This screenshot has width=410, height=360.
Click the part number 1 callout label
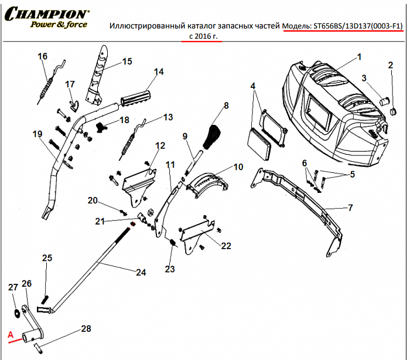point(360,57)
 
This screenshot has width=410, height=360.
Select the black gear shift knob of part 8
point(211,137)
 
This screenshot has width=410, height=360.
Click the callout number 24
point(140,272)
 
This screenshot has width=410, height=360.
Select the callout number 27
point(13,287)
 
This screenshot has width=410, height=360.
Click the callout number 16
point(42,56)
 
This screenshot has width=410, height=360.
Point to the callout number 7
point(350,208)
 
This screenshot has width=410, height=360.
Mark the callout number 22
point(226,246)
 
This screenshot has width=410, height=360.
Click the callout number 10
point(238,167)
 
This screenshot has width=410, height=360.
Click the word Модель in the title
point(298,26)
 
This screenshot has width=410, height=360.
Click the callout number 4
point(253,86)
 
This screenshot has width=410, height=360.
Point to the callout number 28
point(86,328)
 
